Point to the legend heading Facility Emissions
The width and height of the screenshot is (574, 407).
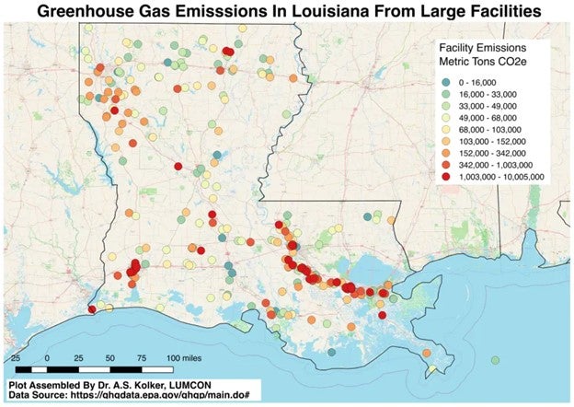486,46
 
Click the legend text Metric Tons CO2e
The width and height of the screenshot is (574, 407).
486,61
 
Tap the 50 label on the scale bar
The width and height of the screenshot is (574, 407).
110,356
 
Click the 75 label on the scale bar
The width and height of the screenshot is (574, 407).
141,356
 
